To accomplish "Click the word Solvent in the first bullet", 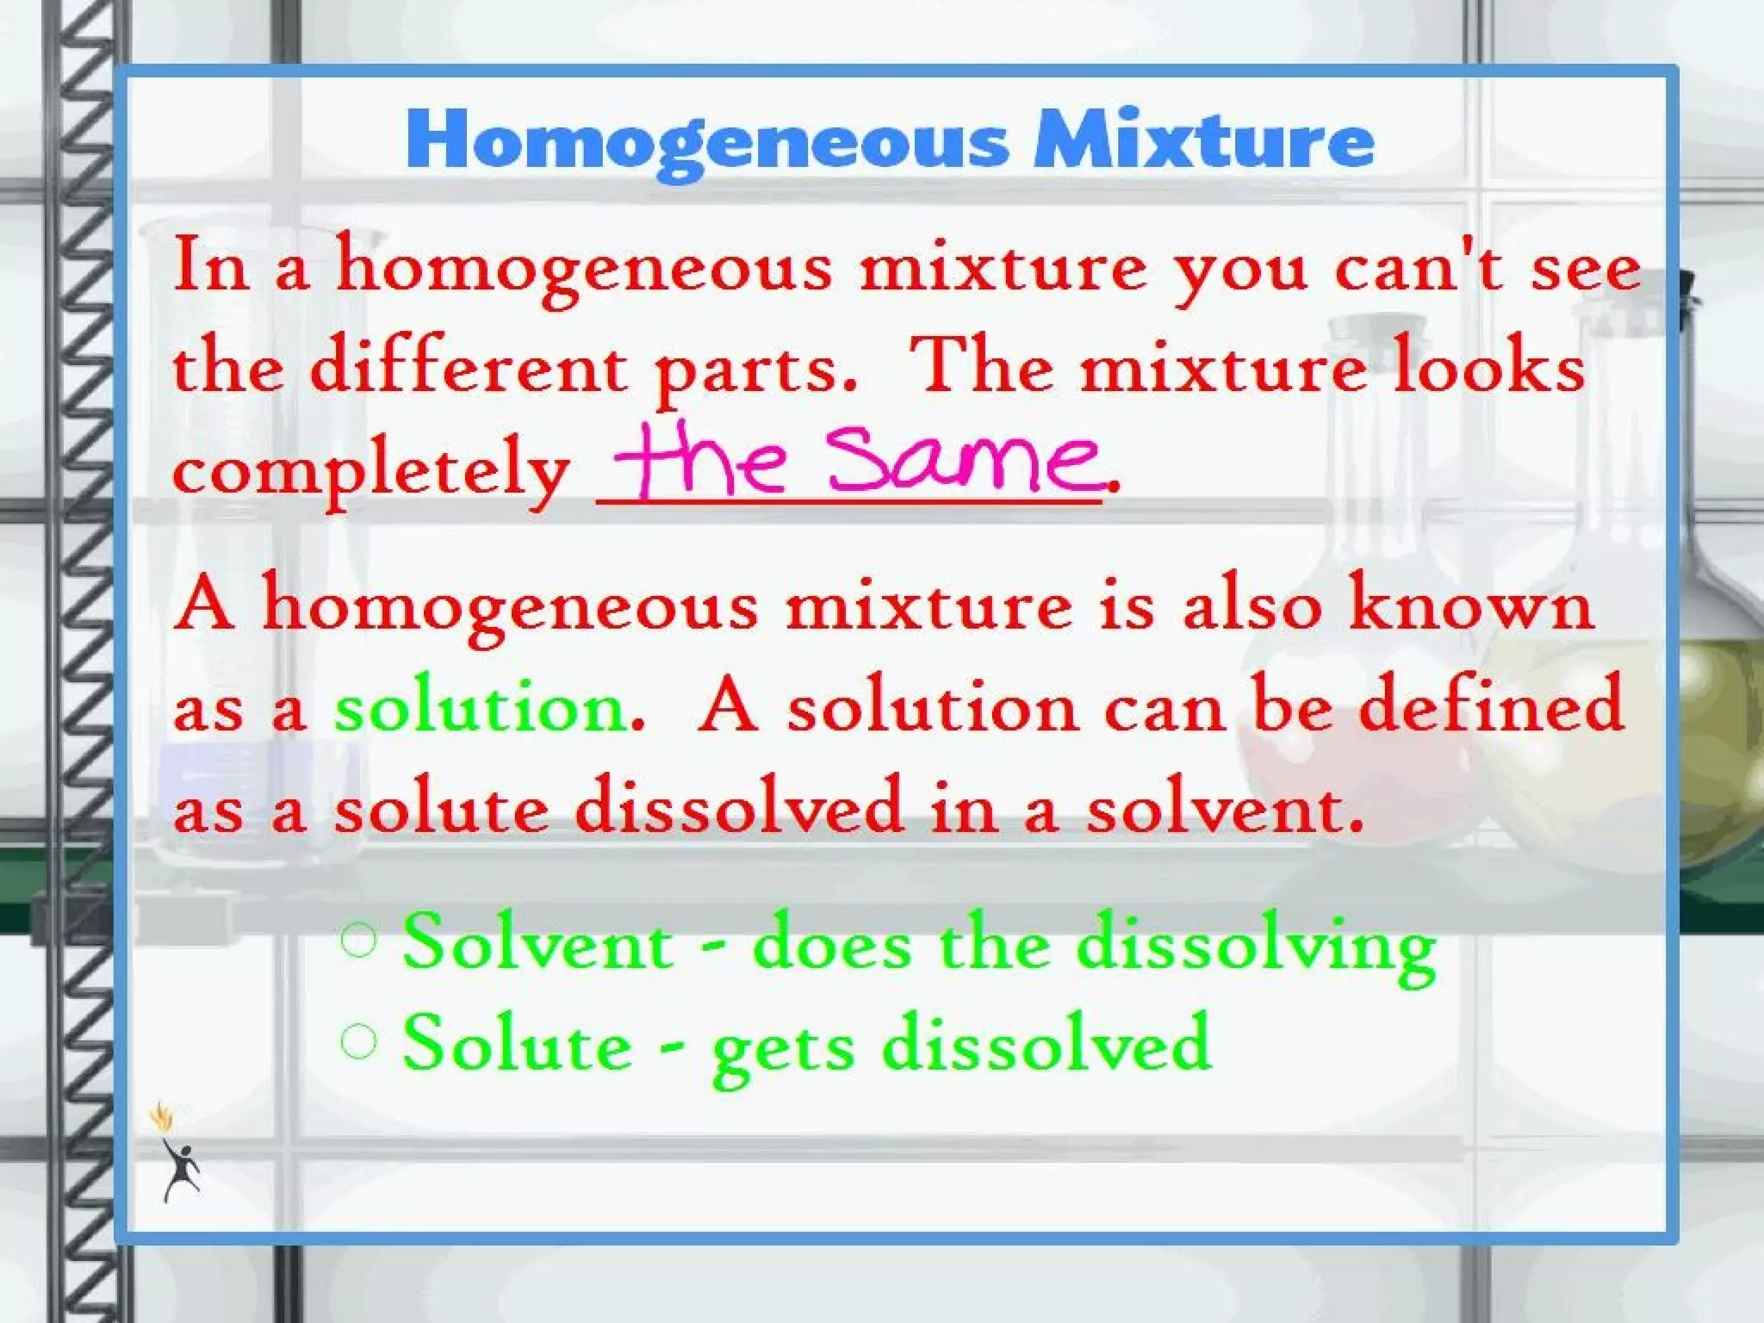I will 537,943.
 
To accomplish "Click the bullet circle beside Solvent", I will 359,941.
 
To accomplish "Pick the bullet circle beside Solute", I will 359,1041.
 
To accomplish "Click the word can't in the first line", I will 1418,268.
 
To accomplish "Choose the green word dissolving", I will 1257,947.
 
